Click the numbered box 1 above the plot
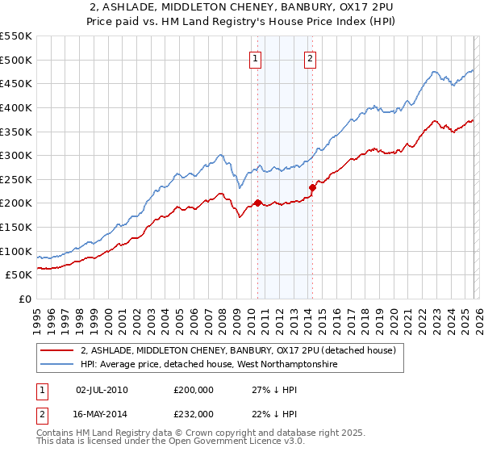pos(256,58)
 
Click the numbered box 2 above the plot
pos(310,58)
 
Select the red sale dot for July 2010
pos(257,203)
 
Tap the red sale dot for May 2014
pos(312,187)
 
